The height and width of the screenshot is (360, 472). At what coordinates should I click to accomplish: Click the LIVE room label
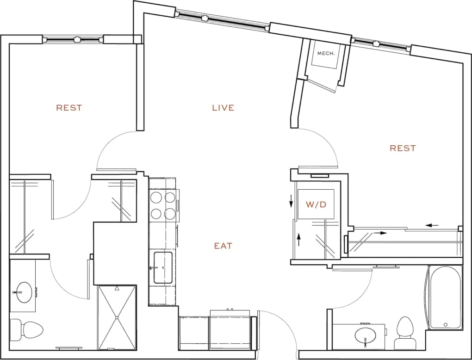click(x=223, y=108)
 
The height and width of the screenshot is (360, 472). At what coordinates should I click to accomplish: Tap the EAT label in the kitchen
click(x=223, y=246)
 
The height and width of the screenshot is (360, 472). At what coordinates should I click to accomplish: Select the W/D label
click(x=316, y=204)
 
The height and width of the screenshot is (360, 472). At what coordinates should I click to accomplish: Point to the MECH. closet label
click(x=325, y=53)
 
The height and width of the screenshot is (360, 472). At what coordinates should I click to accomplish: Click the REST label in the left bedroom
click(x=69, y=108)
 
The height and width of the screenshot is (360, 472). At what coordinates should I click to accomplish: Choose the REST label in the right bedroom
click(x=403, y=148)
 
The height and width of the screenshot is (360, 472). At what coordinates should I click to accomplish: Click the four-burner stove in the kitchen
click(x=163, y=205)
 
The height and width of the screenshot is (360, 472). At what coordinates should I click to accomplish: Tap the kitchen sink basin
click(x=162, y=267)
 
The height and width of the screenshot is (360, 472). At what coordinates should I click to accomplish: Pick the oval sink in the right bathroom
click(x=366, y=335)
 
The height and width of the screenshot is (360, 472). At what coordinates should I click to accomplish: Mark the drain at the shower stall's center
click(x=117, y=317)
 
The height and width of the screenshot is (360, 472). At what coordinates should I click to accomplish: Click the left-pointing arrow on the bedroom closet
click(x=432, y=225)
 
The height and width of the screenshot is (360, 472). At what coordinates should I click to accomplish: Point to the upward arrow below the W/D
click(x=299, y=239)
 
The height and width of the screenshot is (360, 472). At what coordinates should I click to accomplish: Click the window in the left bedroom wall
click(x=74, y=40)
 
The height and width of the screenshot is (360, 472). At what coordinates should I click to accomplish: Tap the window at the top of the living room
click(x=222, y=22)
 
